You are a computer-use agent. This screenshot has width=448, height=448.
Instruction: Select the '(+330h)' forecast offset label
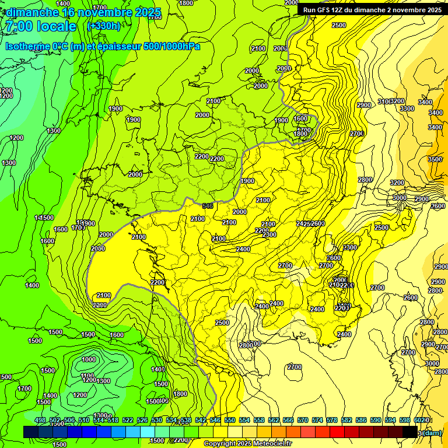(103, 26)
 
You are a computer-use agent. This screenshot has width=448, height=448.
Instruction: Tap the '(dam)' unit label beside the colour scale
(431, 432)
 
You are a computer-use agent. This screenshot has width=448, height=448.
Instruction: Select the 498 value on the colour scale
(40, 421)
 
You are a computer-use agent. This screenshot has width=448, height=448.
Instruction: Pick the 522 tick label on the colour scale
(128, 421)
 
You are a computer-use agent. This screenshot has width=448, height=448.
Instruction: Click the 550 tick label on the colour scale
(230, 421)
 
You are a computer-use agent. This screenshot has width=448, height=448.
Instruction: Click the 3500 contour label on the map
(435, 159)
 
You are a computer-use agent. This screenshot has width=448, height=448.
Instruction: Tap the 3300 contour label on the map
(407, 108)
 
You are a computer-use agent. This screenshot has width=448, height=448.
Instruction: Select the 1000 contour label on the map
(89, 359)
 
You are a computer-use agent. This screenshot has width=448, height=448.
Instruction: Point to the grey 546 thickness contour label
(208, 206)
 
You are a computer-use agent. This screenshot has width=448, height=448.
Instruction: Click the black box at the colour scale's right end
(409, 432)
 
